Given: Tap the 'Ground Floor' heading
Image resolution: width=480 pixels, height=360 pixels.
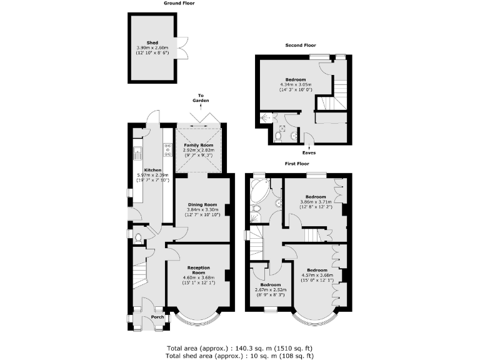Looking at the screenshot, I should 179,3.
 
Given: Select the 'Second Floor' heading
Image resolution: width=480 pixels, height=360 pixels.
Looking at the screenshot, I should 301,46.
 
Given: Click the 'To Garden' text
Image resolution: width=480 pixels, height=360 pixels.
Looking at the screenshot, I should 201,97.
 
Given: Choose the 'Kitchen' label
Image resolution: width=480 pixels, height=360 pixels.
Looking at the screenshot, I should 153,170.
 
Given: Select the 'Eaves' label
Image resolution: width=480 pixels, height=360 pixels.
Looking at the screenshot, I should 309,152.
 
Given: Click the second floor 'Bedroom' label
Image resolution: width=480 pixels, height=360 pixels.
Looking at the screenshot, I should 296,79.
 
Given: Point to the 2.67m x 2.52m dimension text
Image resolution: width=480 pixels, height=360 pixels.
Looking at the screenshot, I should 270,289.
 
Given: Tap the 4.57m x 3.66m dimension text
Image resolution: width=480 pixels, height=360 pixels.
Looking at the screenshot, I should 317,274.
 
